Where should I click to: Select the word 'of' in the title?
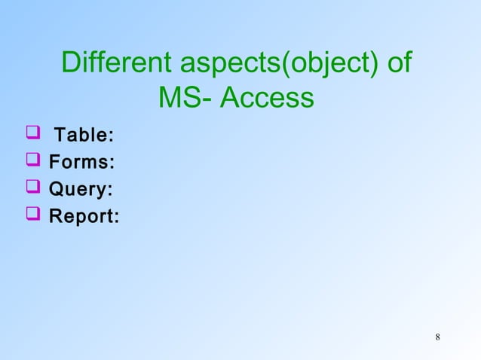tap(398, 63)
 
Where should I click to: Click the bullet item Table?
tap(84, 136)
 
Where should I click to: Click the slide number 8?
tap(438, 335)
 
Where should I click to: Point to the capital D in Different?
tap(70, 63)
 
